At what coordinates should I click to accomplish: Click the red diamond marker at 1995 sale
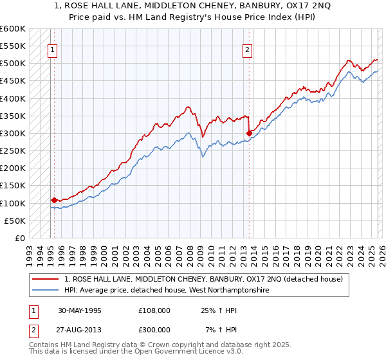coord(54,200)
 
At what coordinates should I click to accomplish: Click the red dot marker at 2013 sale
coord(249,133)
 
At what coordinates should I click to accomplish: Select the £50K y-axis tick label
coord(15,221)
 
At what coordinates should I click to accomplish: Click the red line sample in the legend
coord(46,279)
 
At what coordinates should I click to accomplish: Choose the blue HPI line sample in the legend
coord(46,290)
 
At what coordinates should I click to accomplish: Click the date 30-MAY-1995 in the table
coord(79,310)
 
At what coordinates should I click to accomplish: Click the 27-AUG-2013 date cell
coord(79,329)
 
